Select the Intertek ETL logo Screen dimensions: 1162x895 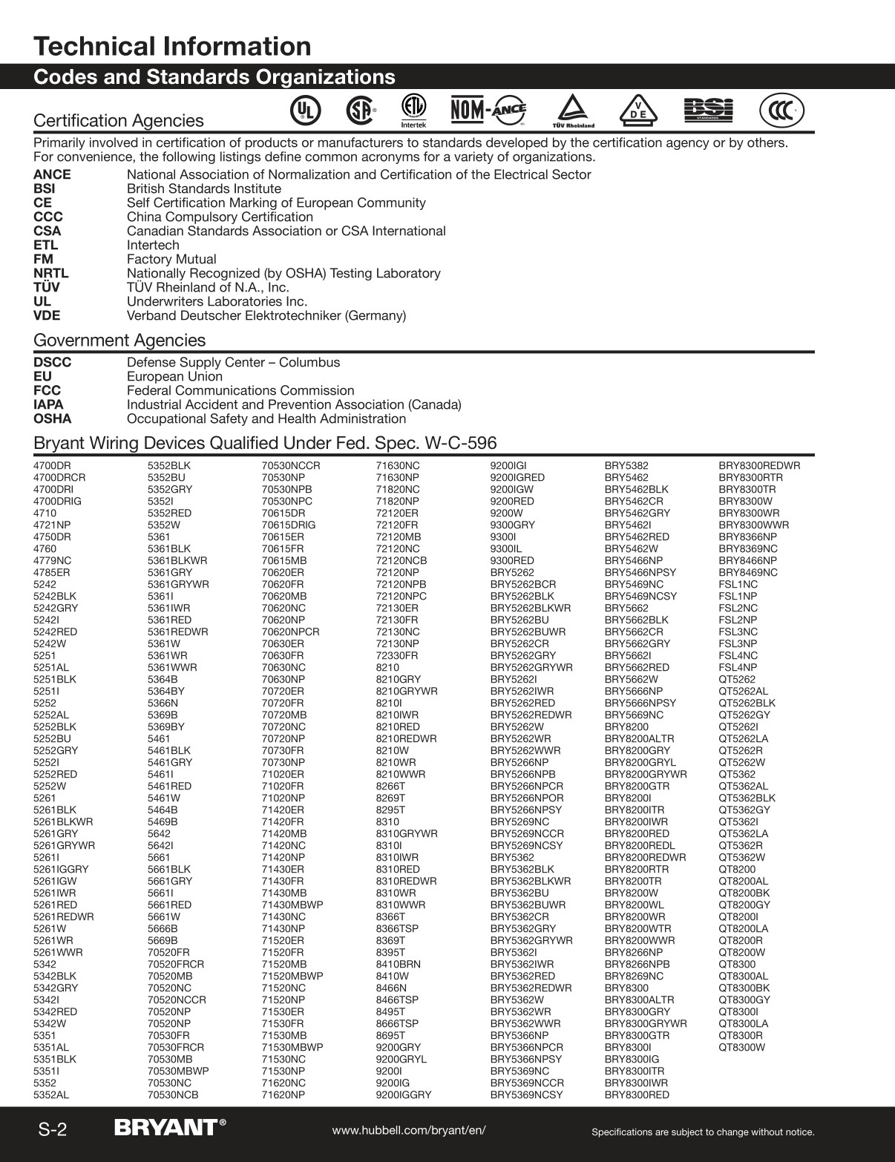(x=413, y=110)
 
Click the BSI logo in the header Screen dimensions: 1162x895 (x=708, y=110)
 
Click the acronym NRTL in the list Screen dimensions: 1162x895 (x=51, y=274)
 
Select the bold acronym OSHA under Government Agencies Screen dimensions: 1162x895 (x=53, y=419)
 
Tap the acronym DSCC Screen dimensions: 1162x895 (x=53, y=363)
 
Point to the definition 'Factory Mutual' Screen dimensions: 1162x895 (x=171, y=260)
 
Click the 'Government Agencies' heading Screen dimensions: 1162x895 (x=119, y=341)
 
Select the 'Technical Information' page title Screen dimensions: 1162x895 (x=172, y=46)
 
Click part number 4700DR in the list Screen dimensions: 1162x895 (x=52, y=466)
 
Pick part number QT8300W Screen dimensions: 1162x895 (x=741, y=1048)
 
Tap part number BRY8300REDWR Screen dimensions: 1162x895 (x=759, y=466)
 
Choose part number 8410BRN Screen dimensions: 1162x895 (x=399, y=965)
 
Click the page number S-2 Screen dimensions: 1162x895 (x=53, y=1130)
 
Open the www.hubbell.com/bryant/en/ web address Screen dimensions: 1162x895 (x=409, y=1130)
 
